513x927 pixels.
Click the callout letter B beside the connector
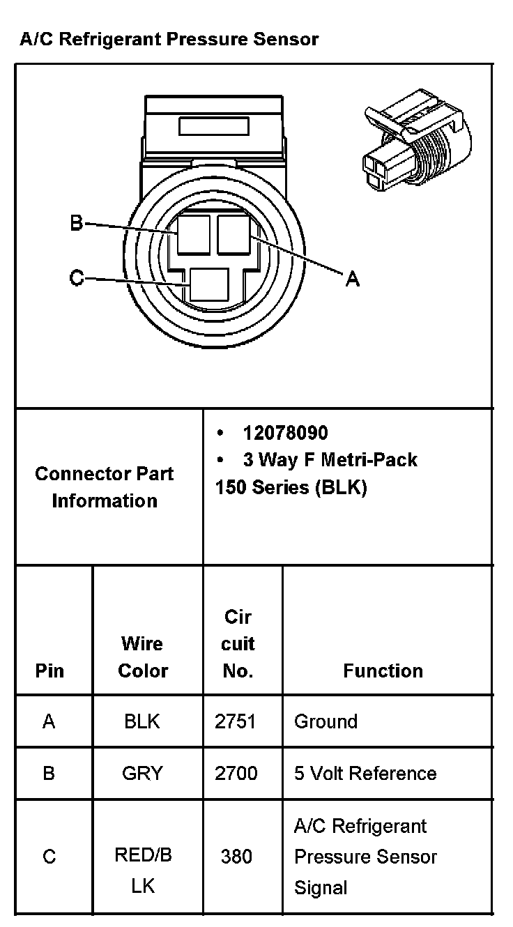pyautogui.click(x=77, y=224)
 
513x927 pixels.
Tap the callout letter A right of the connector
pyautogui.click(x=353, y=279)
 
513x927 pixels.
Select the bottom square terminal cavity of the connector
pyautogui.click(x=210, y=286)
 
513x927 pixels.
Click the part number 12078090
pyautogui.click(x=285, y=433)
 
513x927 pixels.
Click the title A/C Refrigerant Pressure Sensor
pyautogui.click(x=169, y=39)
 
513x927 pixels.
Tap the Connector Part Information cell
pyautogui.click(x=105, y=487)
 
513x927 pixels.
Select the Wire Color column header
pyautogui.click(x=143, y=657)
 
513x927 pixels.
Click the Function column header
pyautogui.click(x=383, y=671)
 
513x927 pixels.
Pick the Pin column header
pyautogui.click(x=49, y=671)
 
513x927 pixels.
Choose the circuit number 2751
pyautogui.click(x=236, y=721)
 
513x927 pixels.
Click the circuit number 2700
pyautogui.click(x=236, y=773)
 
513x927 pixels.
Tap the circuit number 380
pyautogui.click(x=236, y=856)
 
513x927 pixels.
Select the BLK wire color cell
pyautogui.click(x=142, y=721)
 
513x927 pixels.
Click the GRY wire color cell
pyautogui.click(x=142, y=773)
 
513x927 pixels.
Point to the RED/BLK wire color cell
pyautogui.click(x=143, y=871)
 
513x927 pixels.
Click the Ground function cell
pyautogui.click(x=326, y=721)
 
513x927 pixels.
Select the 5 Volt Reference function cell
pyautogui.click(x=365, y=773)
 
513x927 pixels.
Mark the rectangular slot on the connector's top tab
pyautogui.click(x=214, y=126)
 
